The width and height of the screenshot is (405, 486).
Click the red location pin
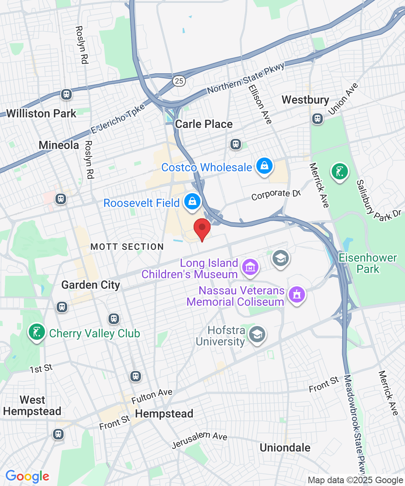[x=202, y=229]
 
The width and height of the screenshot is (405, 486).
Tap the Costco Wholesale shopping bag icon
[x=264, y=166]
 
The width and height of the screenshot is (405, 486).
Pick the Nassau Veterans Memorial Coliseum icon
[x=297, y=295]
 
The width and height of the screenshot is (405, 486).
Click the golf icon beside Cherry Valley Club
[x=37, y=332]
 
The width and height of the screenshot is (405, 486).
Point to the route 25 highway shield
[x=179, y=81]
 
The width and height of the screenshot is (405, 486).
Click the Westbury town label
[x=305, y=100]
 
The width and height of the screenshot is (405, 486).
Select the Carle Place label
[x=204, y=124]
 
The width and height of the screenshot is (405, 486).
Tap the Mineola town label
[x=59, y=145]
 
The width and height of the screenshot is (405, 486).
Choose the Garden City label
[x=91, y=285]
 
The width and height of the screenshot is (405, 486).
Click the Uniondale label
[x=285, y=448]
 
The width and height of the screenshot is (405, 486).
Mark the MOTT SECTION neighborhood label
[x=127, y=247]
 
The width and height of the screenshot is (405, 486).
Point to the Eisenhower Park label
[x=368, y=263]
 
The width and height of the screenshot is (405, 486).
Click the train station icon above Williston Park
[x=66, y=94]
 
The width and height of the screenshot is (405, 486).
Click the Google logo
[x=27, y=477]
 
